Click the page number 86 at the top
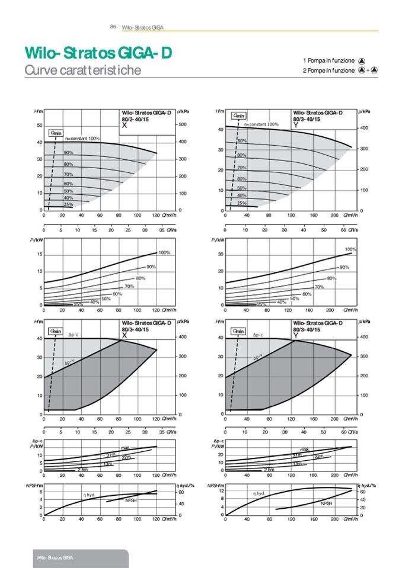point(113,27)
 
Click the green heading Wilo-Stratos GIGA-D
point(98,53)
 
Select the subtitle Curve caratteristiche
point(82,70)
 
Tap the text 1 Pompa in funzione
point(328,60)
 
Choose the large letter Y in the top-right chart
point(295,126)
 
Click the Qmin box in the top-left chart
point(56,133)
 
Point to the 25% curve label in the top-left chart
point(68,204)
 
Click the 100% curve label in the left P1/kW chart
point(164,253)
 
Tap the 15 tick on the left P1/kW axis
point(39,254)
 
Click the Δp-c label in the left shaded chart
point(74,335)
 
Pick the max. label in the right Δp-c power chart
point(305,450)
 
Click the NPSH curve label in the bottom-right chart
point(326,503)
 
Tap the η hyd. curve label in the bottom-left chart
point(89,494)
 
